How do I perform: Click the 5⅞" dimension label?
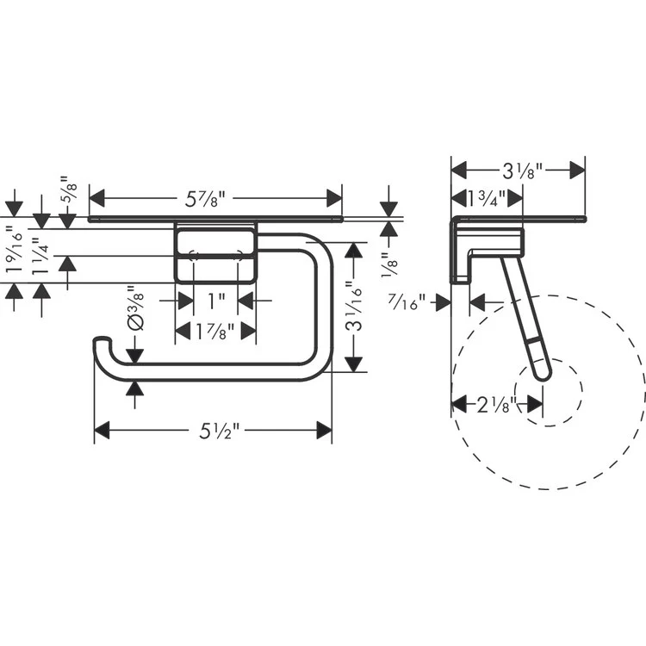[x=205, y=200]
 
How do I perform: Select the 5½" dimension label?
[x=219, y=431]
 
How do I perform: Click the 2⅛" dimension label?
[x=496, y=405]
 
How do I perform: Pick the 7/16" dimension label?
[x=407, y=303]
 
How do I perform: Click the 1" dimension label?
[x=216, y=301]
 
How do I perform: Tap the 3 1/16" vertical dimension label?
[x=354, y=306]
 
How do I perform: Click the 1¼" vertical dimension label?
[x=41, y=257]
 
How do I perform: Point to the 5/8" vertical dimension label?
[x=69, y=189]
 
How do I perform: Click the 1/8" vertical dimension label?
[x=389, y=264]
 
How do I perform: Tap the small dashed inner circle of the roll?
[x=549, y=392]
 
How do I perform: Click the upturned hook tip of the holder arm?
[x=102, y=339]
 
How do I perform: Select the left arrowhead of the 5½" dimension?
[x=102, y=430]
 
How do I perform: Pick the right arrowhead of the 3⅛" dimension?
[x=577, y=171]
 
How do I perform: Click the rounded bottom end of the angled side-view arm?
[x=543, y=374]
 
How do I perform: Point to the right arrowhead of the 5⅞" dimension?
[x=334, y=198]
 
